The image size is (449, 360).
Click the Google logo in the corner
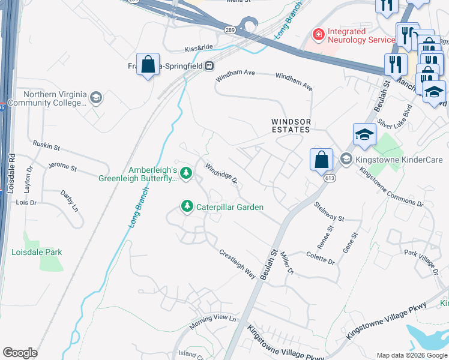click(20, 353)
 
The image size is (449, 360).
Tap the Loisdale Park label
click(37, 252)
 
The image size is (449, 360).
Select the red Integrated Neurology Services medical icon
click(318, 35)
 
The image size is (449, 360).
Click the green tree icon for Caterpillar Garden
click(187, 207)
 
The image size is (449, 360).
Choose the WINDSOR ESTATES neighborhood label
click(290, 125)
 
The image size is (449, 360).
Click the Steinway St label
click(329, 215)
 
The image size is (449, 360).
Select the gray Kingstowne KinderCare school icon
click(346, 159)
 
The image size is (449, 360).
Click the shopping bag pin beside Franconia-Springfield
click(148, 64)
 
